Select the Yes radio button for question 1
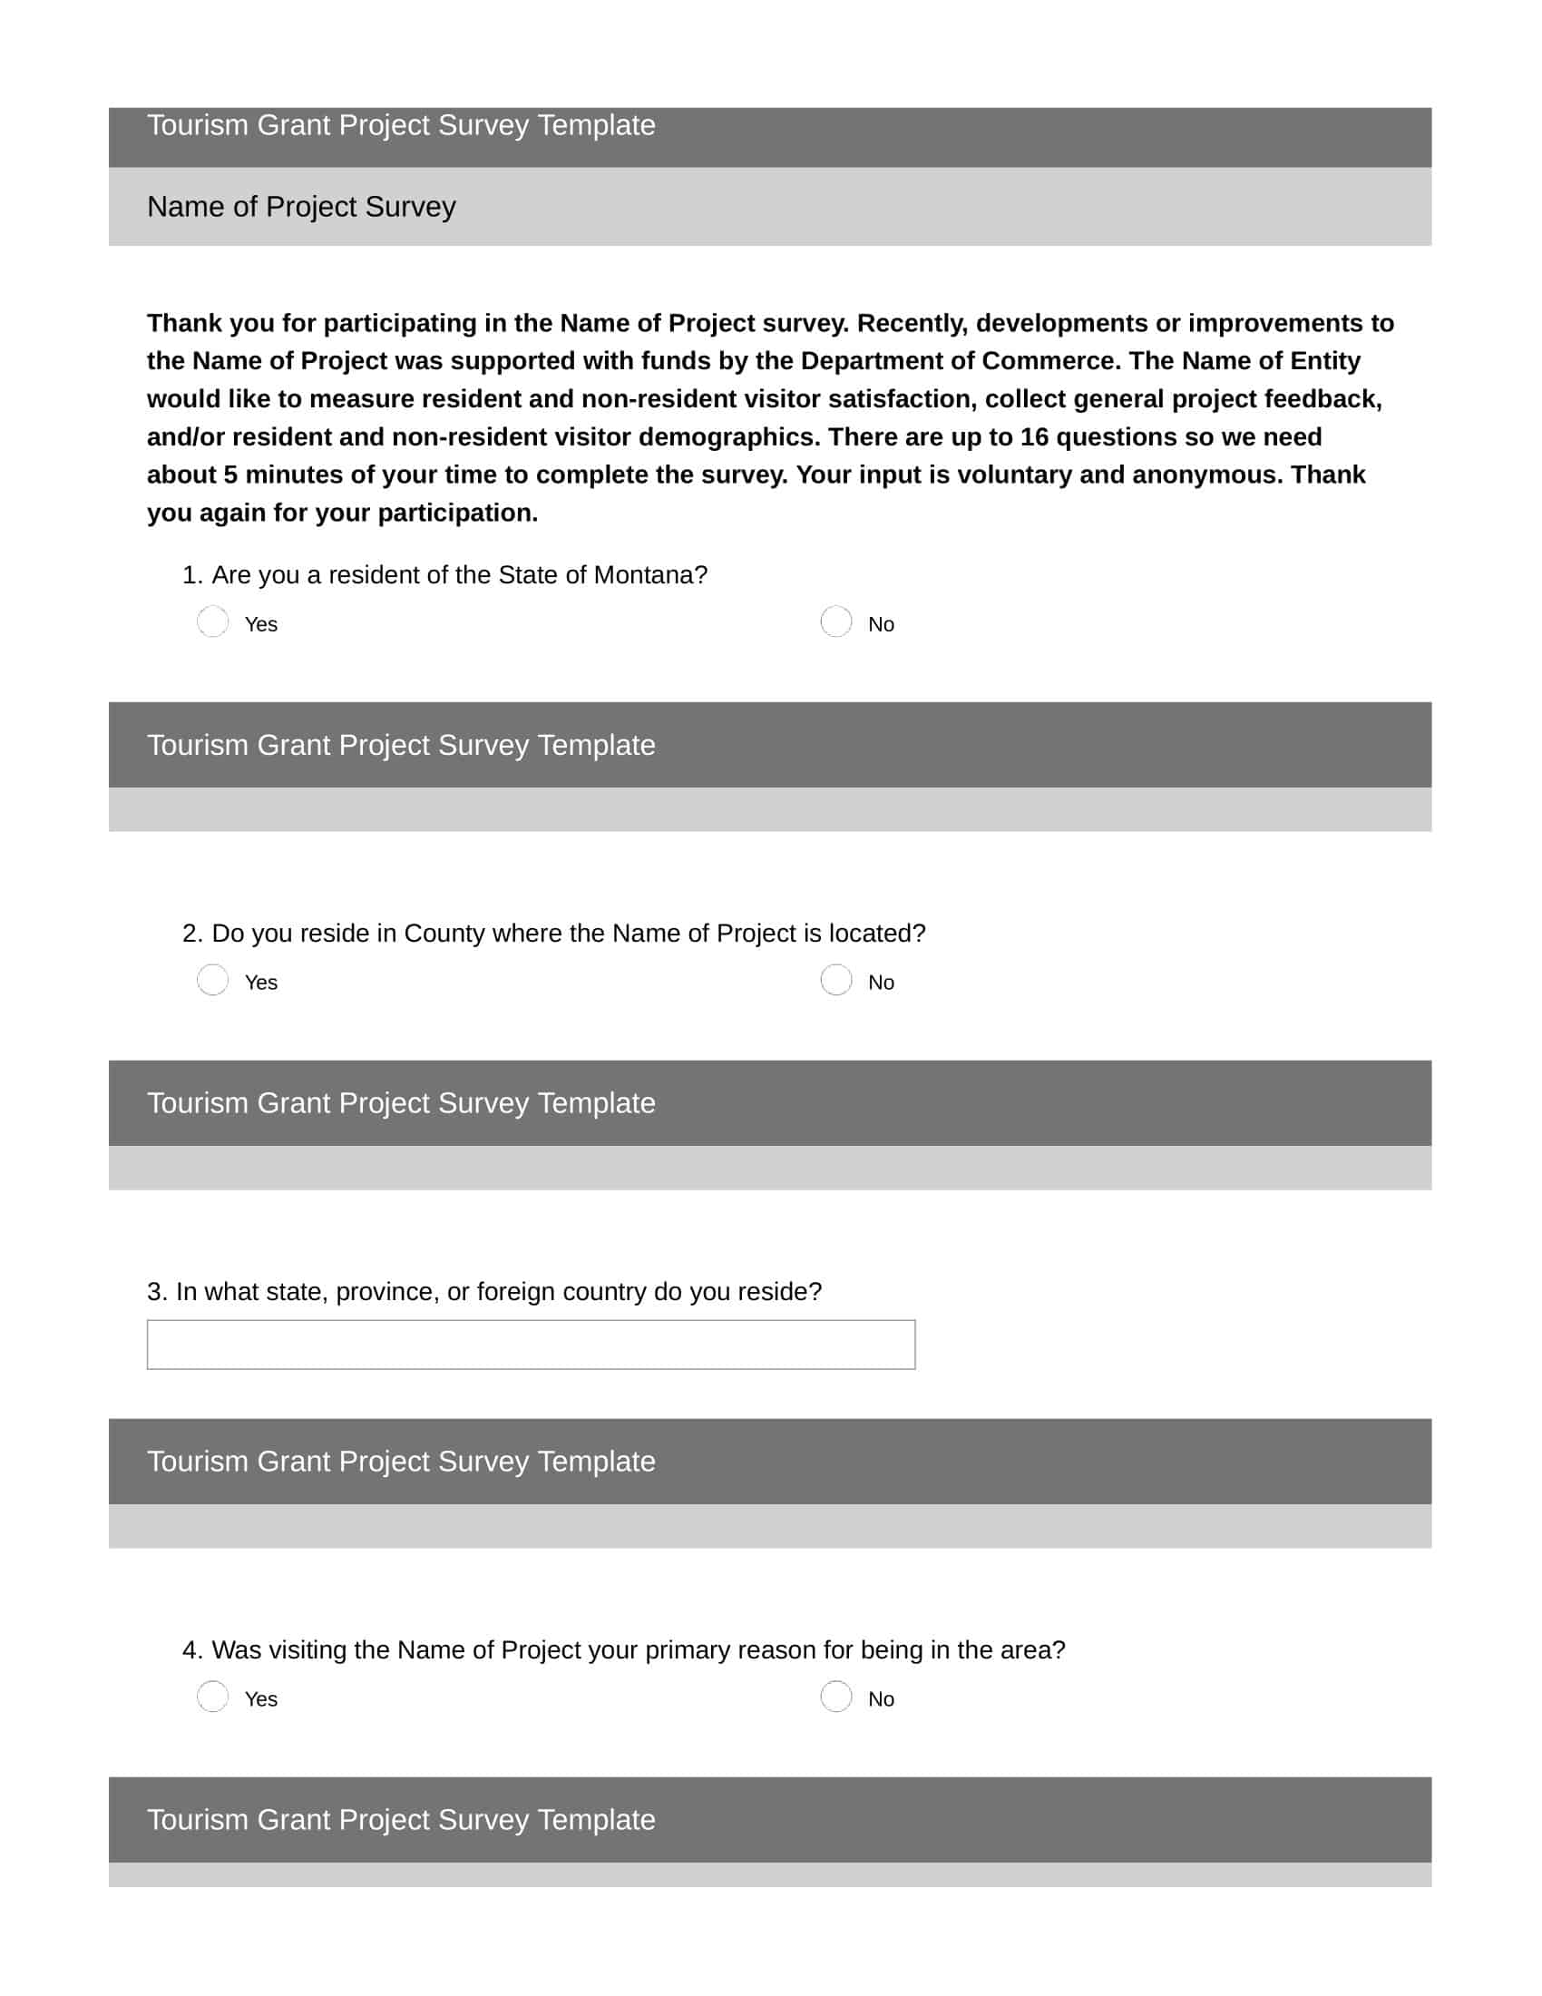click(213, 621)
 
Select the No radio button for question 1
click(836, 621)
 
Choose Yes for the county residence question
click(213, 980)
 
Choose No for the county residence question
click(836, 980)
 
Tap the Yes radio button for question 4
click(213, 1697)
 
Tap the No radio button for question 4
click(836, 1697)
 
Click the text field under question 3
click(531, 1345)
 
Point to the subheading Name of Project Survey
click(300, 207)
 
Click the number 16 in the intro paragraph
click(1034, 437)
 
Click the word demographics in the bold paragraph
click(728, 437)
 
